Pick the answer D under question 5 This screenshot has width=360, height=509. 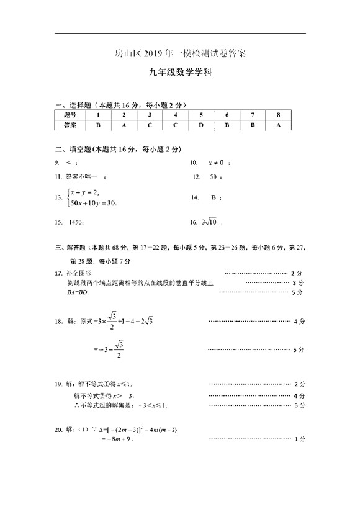click(x=201, y=125)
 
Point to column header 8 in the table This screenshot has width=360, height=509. click(x=279, y=115)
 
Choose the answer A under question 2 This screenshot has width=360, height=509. click(x=124, y=125)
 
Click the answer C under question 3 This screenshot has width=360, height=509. click(x=150, y=125)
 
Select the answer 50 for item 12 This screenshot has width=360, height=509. click(x=214, y=177)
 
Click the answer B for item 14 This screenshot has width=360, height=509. click(x=214, y=197)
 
